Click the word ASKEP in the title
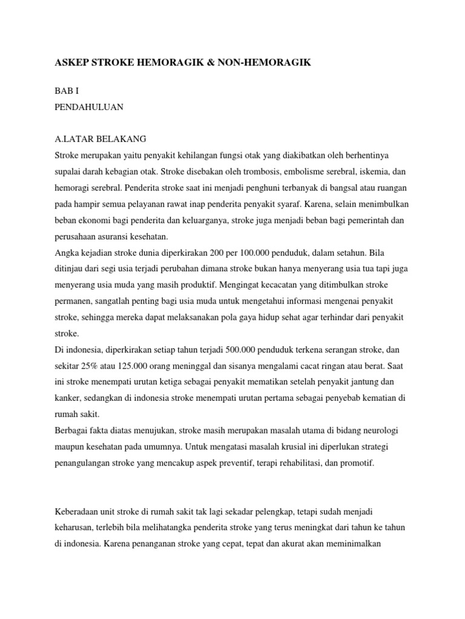pyautogui.click(x=71, y=62)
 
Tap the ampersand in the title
pyautogui.click(x=216, y=62)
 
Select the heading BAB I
pyautogui.click(x=67, y=91)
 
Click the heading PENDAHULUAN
pyautogui.click(x=89, y=107)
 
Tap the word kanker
pyautogui.click(x=67, y=398)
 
